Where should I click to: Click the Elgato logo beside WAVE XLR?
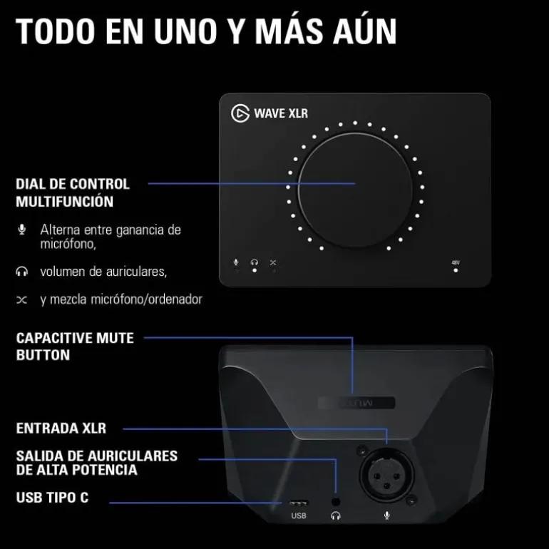[x=240, y=113]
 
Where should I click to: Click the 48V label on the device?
[x=456, y=262]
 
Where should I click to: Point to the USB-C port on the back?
[x=299, y=503]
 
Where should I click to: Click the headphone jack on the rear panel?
[x=335, y=501]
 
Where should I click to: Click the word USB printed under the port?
[x=299, y=515]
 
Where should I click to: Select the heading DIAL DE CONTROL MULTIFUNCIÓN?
[x=73, y=193]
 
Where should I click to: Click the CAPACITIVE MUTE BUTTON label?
[x=75, y=346]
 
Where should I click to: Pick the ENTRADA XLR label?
[x=61, y=429]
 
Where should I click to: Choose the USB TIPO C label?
[x=53, y=498]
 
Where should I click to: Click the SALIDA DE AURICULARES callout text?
[x=97, y=463]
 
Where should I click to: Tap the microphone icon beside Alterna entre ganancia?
[x=22, y=230]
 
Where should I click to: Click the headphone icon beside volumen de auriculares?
[x=22, y=272]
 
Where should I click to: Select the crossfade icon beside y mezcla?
[x=22, y=299]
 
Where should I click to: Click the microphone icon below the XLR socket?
[x=386, y=515]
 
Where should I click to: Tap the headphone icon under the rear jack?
[x=335, y=515]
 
